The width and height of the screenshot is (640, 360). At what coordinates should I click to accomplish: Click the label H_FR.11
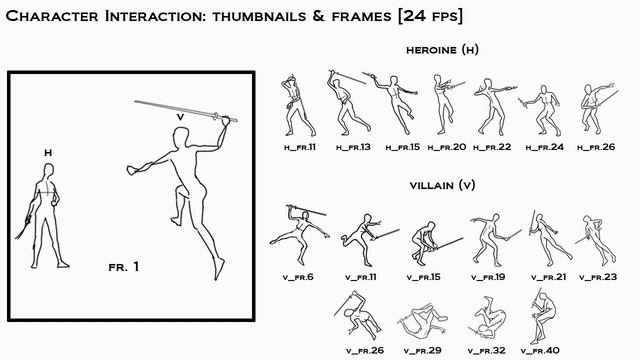tap(298, 147)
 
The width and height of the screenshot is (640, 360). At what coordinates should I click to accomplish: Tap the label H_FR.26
tap(597, 147)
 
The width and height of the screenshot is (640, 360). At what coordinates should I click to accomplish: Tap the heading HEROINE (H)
tap(444, 51)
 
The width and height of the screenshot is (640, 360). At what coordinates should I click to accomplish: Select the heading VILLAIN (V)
tap(444, 187)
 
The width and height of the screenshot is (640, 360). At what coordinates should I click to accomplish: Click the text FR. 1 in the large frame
tap(123, 267)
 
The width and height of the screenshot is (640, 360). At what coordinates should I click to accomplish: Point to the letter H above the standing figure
tap(47, 152)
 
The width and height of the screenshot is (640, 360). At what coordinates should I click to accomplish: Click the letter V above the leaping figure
tap(180, 116)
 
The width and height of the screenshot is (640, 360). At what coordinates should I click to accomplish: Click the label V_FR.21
tap(548, 277)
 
